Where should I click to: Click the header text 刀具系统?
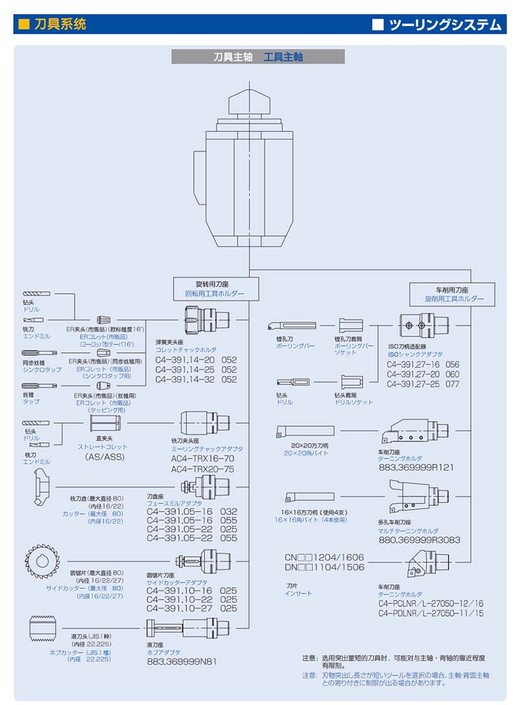coord(60,25)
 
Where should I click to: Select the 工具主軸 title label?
coord(284,57)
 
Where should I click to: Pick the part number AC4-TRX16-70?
coord(202,459)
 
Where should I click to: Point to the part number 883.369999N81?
coord(182,662)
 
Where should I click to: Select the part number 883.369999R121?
coord(416,467)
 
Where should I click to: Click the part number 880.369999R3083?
coord(419,539)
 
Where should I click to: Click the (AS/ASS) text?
coord(105,457)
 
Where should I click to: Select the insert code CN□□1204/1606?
coord(324,557)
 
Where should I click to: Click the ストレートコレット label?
coord(104,447)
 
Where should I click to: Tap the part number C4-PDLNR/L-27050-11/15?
coord(431,612)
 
